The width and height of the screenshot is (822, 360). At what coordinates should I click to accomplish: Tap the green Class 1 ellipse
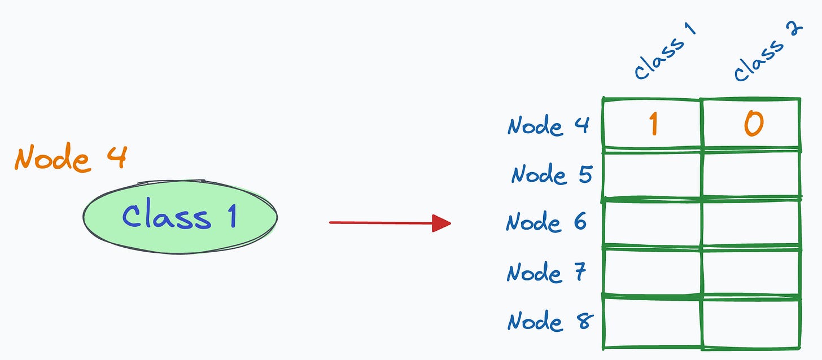(180, 217)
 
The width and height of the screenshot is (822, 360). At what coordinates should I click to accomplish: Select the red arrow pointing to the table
(384, 223)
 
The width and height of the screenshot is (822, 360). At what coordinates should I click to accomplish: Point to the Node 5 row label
(550, 174)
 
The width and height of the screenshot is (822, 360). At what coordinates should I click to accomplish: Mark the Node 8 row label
(549, 321)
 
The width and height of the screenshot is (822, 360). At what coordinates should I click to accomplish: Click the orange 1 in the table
(653, 124)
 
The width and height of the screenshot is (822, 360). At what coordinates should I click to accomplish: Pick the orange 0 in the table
(753, 124)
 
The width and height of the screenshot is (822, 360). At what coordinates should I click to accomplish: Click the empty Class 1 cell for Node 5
(652, 174)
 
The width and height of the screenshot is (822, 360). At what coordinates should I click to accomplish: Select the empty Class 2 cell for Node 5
(751, 174)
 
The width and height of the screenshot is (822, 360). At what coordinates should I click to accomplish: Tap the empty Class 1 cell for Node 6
(652, 223)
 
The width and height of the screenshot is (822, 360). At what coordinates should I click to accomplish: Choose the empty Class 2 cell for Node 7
(751, 271)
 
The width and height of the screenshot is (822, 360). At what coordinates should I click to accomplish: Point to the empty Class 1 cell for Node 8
(652, 322)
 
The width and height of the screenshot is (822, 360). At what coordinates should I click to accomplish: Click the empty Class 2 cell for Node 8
(751, 322)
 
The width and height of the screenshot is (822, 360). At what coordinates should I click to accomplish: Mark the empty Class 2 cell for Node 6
(751, 223)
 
